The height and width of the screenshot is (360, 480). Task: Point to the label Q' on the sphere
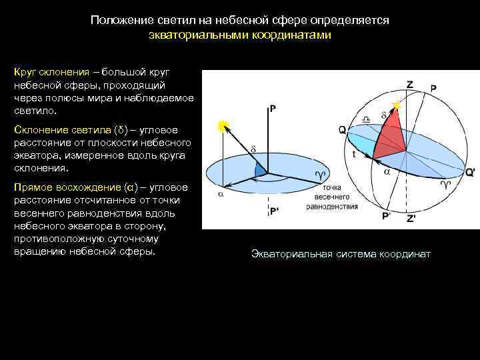(x=470, y=171)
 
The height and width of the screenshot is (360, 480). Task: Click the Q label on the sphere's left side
(x=342, y=131)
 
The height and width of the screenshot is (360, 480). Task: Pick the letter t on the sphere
(x=353, y=153)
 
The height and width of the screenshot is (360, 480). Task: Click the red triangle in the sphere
(x=392, y=139)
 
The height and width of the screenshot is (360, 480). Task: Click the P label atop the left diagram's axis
(x=273, y=109)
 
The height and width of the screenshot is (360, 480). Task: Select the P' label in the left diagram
(x=275, y=211)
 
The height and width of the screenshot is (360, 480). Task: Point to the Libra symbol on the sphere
(x=366, y=119)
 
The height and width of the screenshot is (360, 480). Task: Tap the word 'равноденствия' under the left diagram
(x=332, y=207)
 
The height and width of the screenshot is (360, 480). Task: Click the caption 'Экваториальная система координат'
(x=341, y=254)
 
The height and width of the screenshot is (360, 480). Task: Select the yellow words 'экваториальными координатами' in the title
(x=239, y=34)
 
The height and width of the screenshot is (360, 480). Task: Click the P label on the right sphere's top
(x=433, y=89)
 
